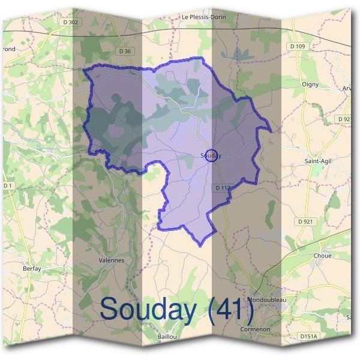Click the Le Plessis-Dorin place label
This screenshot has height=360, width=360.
pos(203,17)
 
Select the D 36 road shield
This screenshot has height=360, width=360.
pos(125,52)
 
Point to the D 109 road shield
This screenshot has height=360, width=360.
pos(296,47)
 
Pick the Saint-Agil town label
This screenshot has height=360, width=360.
pos(318,161)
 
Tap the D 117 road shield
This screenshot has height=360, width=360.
pos(223,188)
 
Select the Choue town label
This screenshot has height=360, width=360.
pos(322,256)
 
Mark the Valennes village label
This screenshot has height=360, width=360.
pos(111,260)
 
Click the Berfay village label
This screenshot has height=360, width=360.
pos(32,269)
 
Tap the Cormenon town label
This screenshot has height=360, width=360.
pos(255,329)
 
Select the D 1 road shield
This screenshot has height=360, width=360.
pos(7,186)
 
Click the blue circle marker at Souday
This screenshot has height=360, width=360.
pos(211,155)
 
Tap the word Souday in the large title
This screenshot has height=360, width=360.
pos(148,310)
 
